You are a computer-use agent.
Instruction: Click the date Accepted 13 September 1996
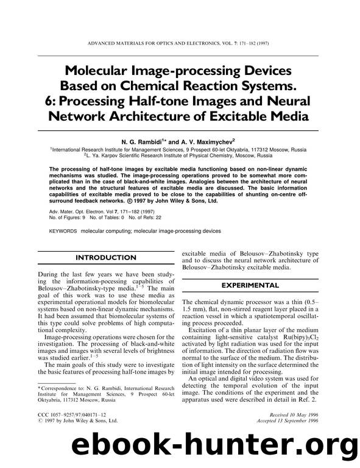(286, 420)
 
